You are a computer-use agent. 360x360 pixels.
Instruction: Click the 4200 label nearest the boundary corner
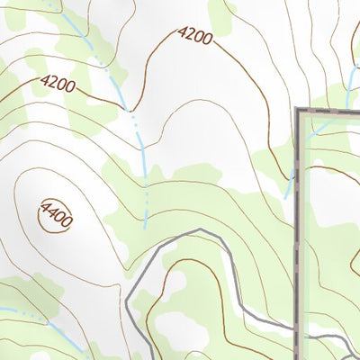tap(194, 37)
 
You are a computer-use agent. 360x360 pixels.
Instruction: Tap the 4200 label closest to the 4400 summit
tap(57, 85)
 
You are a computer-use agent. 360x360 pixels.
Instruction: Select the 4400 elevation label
tap(55, 213)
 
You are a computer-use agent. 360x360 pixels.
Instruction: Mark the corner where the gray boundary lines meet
tap(299, 111)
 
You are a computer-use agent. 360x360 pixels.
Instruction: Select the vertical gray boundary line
tap(298, 225)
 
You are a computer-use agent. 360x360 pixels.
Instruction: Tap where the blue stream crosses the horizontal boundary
tap(347, 110)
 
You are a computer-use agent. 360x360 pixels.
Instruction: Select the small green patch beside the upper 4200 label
tap(220, 13)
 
